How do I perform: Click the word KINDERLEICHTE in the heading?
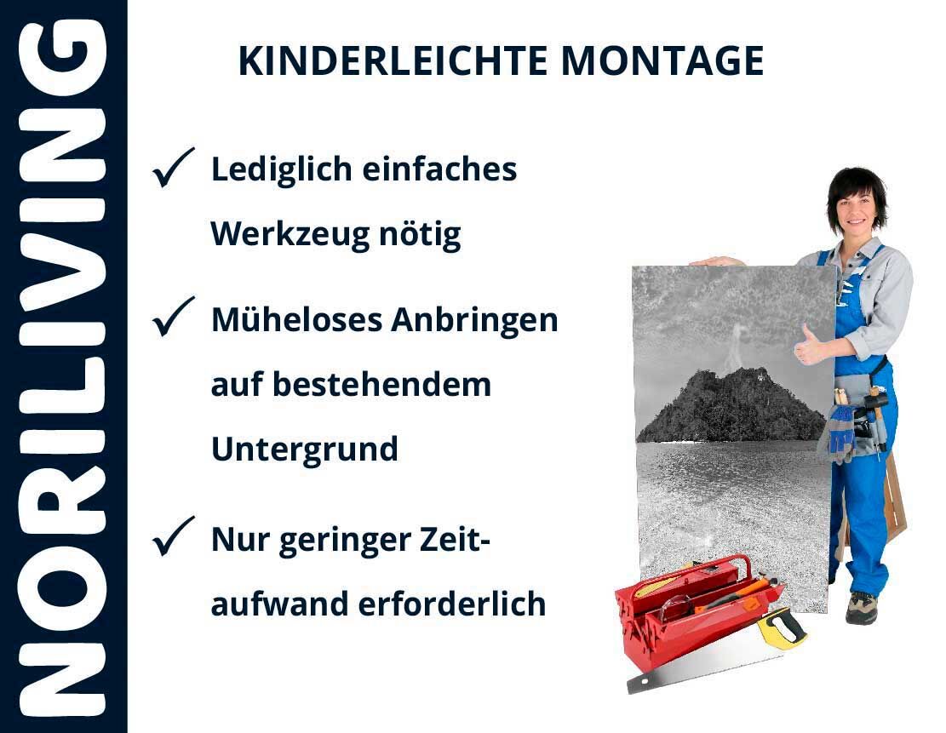tap(393, 61)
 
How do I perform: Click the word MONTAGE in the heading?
tap(662, 61)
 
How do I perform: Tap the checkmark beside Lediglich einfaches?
tap(173, 167)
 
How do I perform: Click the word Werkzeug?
tap(290, 235)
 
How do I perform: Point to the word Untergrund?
tap(305, 450)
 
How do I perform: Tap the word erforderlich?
tap(452, 604)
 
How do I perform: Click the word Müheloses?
tap(297, 320)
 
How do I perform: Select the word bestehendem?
tap(382, 385)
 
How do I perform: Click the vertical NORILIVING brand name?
tap(63, 368)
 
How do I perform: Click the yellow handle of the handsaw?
tap(782, 627)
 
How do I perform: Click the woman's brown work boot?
tap(861, 608)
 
